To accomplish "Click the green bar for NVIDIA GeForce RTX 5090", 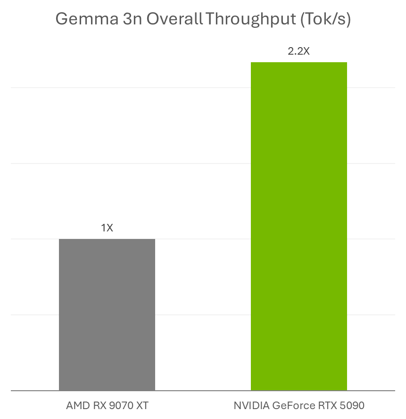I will (x=298, y=226).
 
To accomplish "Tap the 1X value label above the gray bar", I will (x=107, y=228).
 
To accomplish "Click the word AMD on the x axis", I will (x=76, y=405).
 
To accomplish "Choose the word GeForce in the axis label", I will (x=290, y=405).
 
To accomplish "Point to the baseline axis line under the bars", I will (x=203, y=391).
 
